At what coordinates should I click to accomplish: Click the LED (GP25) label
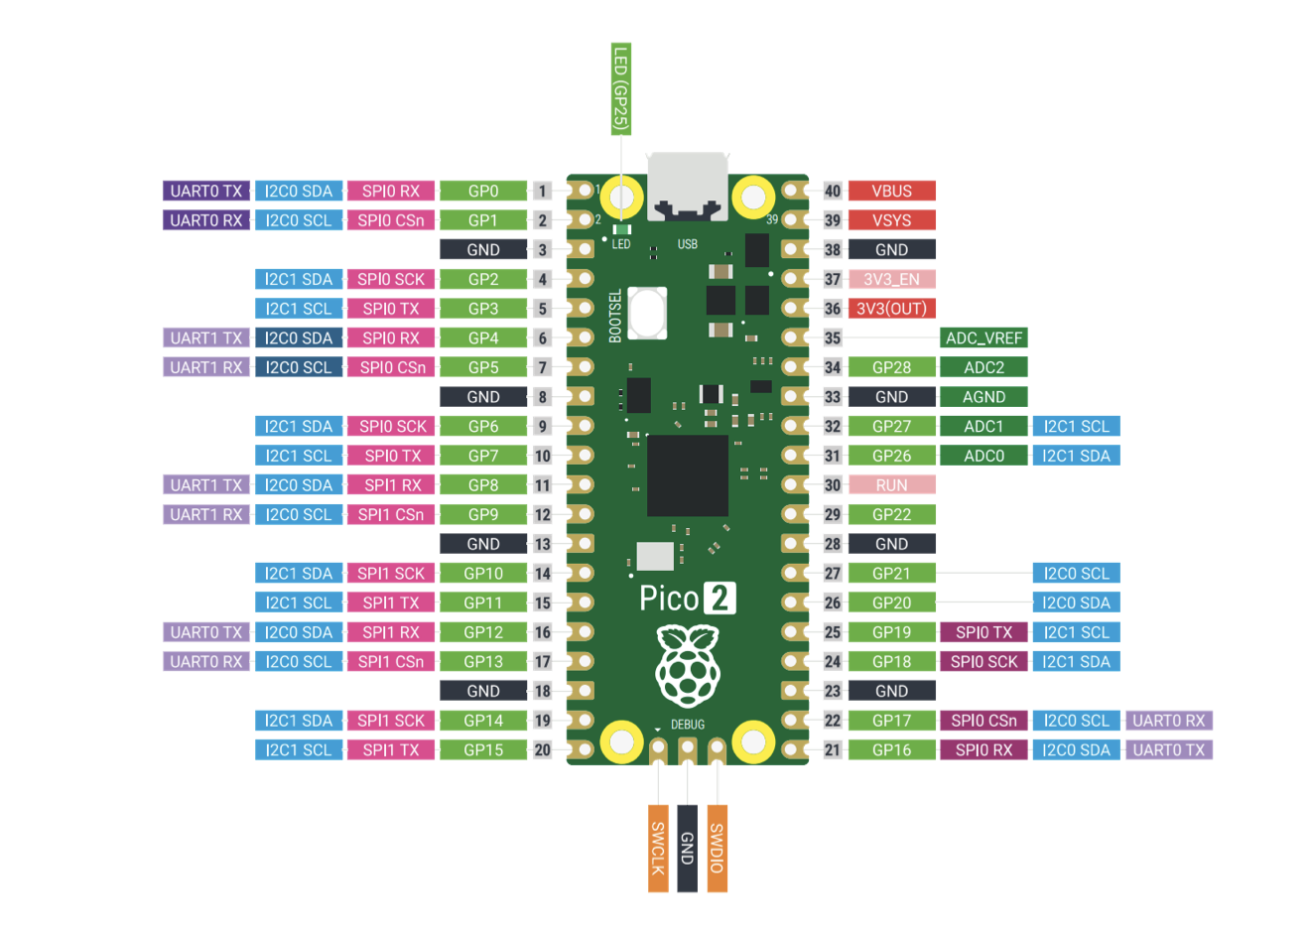[621, 89]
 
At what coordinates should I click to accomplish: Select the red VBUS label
[891, 191]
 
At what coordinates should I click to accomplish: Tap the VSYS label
[891, 220]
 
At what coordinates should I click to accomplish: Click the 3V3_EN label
[891, 279]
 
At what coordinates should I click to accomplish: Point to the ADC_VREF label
[983, 337]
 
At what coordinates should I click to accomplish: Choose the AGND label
[983, 397]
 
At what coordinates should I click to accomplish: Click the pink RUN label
[891, 485]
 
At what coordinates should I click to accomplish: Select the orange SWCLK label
[658, 848]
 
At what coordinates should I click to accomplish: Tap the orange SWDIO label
[717, 848]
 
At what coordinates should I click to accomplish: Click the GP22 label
[891, 514]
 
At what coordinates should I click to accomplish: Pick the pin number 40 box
[833, 191]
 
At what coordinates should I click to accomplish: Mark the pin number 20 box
[542, 749]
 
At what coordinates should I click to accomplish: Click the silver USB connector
[687, 186]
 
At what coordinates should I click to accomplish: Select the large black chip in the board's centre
[687, 475]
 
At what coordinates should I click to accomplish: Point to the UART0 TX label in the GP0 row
[206, 191]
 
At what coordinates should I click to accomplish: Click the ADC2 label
[983, 367]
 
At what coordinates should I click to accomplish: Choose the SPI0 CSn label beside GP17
[983, 721]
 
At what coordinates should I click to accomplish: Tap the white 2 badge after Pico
[720, 599]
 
